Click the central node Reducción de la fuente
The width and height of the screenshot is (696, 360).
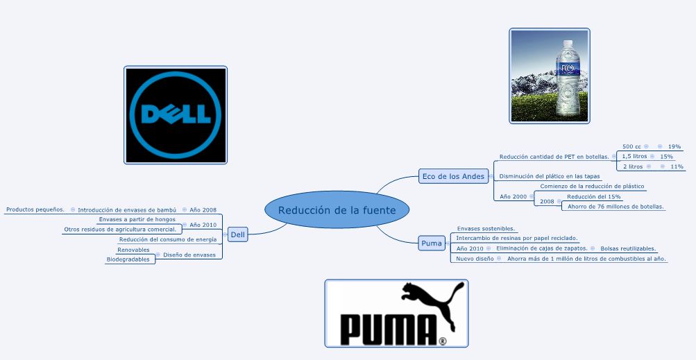click(337, 210)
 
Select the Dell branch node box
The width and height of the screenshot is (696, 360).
click(238, 234)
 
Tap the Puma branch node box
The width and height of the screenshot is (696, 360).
click(431, 243)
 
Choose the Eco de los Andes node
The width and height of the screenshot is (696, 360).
click(453, 176)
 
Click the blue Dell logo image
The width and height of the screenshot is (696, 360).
click(176, 115)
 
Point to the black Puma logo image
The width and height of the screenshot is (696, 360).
click(396, 314)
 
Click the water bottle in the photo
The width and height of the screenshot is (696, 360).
click(568, 77)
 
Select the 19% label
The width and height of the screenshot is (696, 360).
click(674, 146)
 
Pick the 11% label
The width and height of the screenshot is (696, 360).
click(677, 166)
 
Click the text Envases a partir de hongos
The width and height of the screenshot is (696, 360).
click(137, 219)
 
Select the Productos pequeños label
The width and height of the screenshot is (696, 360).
click(35, 209)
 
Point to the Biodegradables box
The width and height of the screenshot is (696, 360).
click(128, 259)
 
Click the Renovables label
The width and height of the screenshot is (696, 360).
click(133, 250)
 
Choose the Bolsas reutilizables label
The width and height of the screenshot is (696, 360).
click(628, 248)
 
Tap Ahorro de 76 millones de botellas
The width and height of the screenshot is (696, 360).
click(616, 206)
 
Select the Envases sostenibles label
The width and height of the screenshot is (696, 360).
click(485, 228)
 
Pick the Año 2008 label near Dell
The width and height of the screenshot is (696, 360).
click(203, 209)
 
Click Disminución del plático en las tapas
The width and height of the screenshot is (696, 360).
click(550, 176)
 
